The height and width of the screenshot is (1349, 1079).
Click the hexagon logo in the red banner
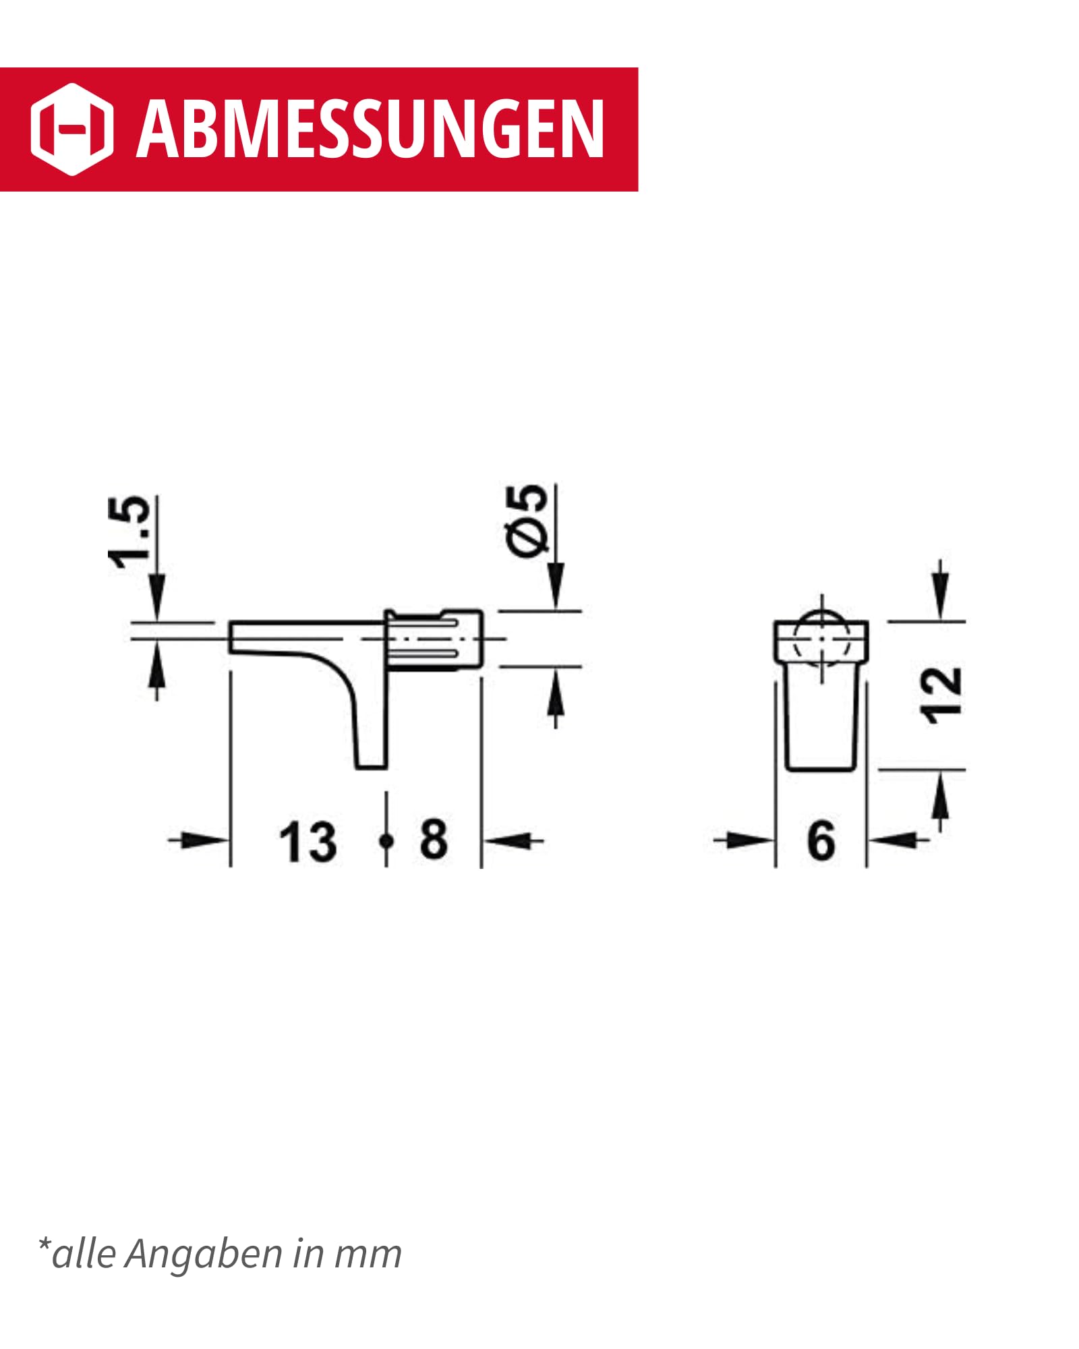(x=71, y=129)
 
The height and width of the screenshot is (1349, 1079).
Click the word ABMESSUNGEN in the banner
(x=370, y=129)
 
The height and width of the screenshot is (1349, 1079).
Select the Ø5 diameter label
(x=527, y=520)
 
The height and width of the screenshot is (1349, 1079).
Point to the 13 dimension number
(x=308, y=842)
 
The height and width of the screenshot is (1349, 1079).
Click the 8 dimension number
(x=434, y=839)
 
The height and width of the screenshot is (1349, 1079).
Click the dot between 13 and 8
(x=386, y=840)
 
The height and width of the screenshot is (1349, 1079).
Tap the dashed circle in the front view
(x=821, y=638)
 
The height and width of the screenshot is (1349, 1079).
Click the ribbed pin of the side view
(x=435, y=639)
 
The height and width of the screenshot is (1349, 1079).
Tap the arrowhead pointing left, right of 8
(x=502, y=840)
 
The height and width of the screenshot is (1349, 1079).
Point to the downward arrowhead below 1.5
(x=156, y=597)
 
